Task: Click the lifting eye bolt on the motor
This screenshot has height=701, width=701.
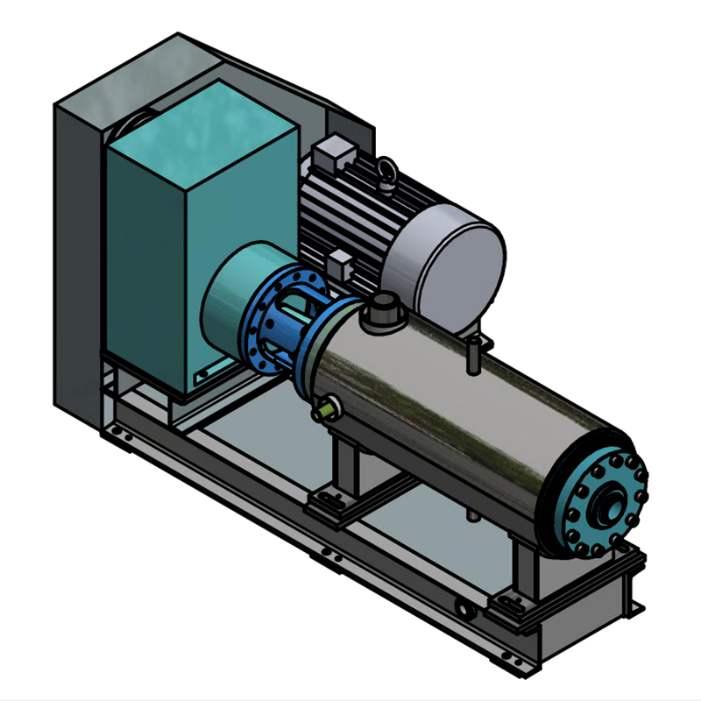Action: (x=386, y=173)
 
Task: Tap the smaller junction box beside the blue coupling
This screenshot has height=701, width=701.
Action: (x=339, y=263)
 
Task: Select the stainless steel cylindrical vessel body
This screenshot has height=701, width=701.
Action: (x=456, y=421)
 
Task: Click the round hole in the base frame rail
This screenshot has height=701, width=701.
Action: (x=462, y=606)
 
